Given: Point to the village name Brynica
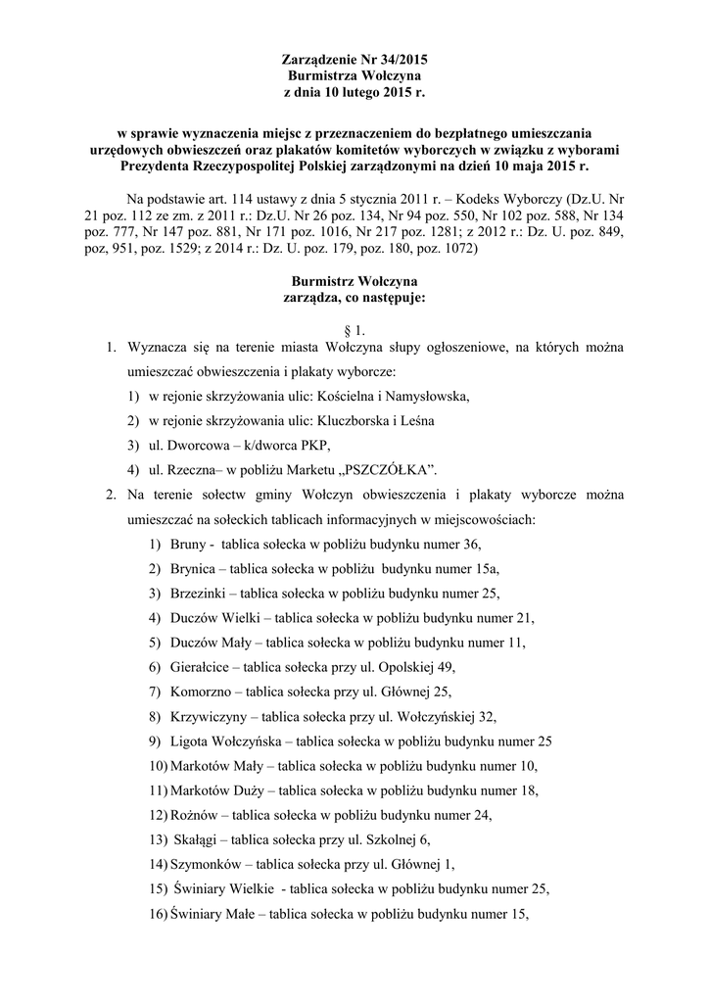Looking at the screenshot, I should point(196,569).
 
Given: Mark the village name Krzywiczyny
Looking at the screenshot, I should point(210,717).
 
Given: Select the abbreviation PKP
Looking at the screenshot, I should point(289,443).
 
